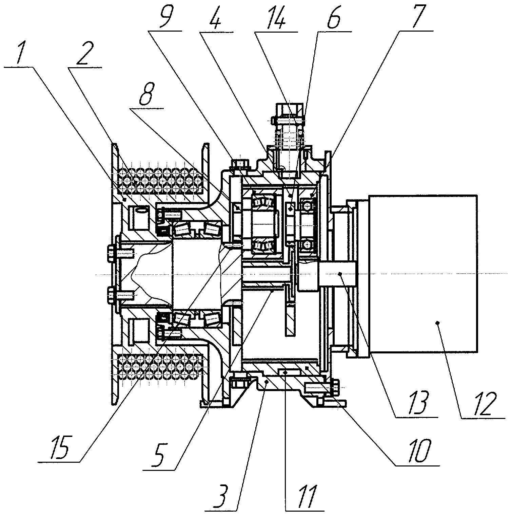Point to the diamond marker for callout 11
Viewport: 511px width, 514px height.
286,372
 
